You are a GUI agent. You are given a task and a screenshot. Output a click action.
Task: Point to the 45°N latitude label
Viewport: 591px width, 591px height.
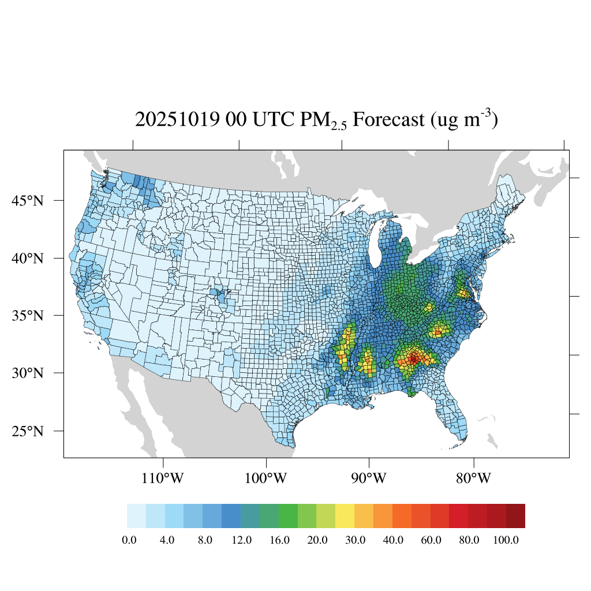pyautogui.click(x=29, y=201)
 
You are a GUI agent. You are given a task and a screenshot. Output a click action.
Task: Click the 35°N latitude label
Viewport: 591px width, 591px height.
pyautogui.click(x=29, y=316)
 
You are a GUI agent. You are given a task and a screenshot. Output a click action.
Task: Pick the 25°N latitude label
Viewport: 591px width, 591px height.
pyautogui.click(x=29, y=431)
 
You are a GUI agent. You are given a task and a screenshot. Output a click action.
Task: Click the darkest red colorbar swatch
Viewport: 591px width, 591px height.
pyautogui.click(x=515, y=516)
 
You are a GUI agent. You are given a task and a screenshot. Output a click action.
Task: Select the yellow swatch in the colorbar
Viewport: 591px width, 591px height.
pyautogui.click(x=345, y=516)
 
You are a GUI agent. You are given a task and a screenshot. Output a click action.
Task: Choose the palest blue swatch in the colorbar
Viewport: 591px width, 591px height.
pyautogui.click(x=136, y=516)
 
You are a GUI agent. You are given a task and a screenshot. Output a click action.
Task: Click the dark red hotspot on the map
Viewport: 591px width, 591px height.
pyautogui.click(x=413, y=359)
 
